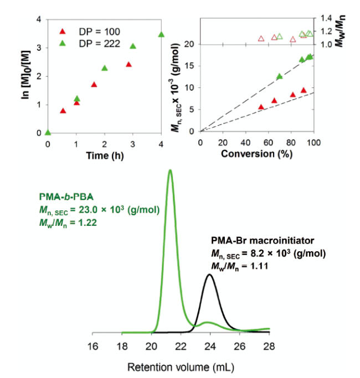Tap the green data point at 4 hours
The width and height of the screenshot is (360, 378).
click(161, 35)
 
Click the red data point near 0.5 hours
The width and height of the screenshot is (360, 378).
click(63, 111)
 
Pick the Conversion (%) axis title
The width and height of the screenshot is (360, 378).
click(256, 156)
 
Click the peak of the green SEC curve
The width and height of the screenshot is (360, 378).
click(170, 170)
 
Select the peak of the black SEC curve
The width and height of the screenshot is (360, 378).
click(209, 275)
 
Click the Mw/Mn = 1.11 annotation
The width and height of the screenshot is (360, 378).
click(237, 265)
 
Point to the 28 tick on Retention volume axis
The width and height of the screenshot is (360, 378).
click(269, 347)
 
